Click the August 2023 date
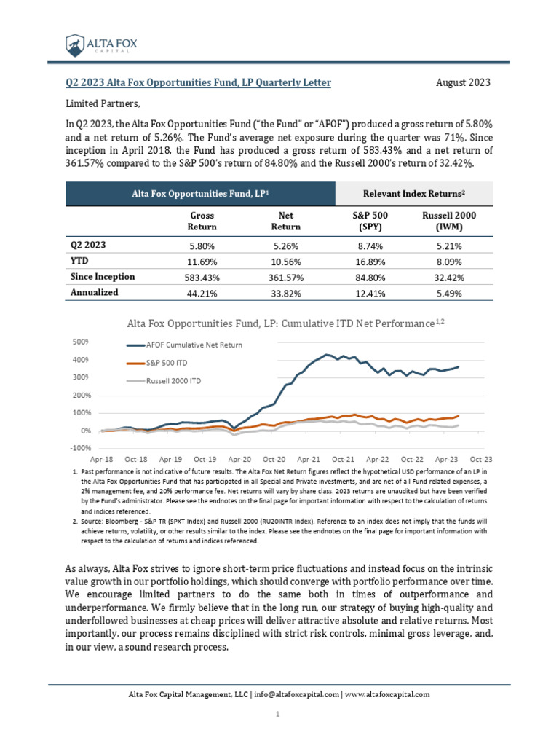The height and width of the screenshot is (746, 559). (463, 83)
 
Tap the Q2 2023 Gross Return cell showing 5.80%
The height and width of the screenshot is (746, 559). (201, 246)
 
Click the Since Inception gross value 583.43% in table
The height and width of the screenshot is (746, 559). (201, 278)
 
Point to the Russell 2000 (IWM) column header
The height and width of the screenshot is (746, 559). (454, 221)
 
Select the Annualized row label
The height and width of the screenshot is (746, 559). (94, 293)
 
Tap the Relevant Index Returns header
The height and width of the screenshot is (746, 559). (414, 193)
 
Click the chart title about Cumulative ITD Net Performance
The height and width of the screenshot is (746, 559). (285, 322)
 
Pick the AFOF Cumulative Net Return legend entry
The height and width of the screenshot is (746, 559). (194, 345)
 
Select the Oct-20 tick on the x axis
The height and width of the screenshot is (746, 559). (274, 460)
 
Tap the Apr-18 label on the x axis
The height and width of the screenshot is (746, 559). (102, 460)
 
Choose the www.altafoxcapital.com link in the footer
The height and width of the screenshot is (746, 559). (387, 695)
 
